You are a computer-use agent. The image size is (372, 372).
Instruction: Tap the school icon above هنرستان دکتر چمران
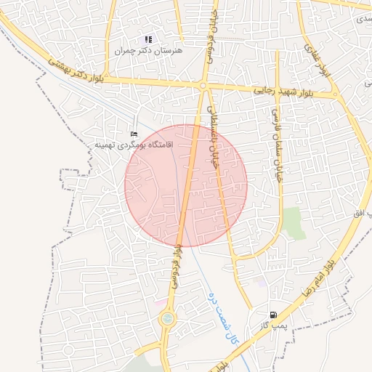148,39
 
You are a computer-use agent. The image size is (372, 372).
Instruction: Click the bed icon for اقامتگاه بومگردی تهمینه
133,134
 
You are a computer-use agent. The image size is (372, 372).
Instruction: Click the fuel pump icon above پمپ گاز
273,315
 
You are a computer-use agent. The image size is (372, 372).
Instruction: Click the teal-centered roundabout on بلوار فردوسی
168,318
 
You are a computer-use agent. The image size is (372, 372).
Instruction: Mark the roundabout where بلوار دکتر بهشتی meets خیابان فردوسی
203,86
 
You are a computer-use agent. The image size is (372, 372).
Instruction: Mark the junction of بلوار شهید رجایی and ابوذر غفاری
334,94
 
